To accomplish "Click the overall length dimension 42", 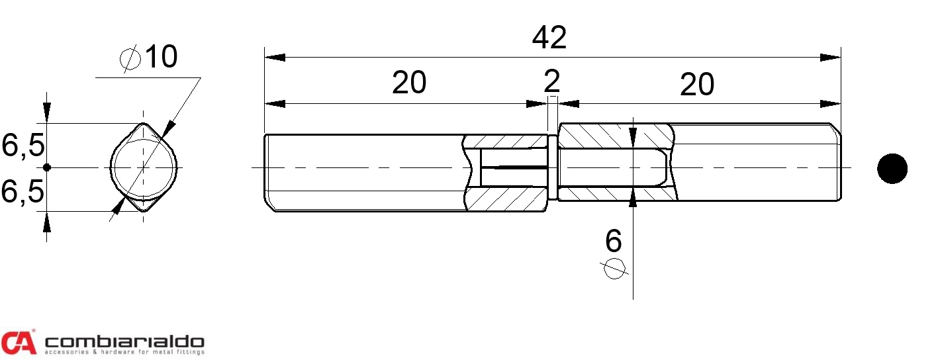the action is pyautogui.click(x=549, y=37).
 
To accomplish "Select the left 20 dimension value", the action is pyautogui.click(x=409, y=83).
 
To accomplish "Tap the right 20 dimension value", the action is pyautogui.click(x=697, y=84).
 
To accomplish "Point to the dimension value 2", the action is pyautogui.click(x=551, y=81).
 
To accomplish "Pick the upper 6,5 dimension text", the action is pyautogui.click(x=23, y=146).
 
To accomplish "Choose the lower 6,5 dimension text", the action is pyautogui.click(x=23, y=191).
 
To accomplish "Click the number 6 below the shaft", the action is pyautogui.click(x=614, y=241).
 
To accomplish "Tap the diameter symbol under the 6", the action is pyautogui.click(x=614, y=269).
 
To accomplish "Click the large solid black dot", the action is pyautogui.click(x=892, y=168).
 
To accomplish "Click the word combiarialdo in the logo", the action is pyautogui.click(x=124, y=341).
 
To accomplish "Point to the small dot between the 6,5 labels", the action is pyautogui.click(x=47, y=167).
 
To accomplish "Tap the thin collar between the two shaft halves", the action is pyautogui.click(x=553, y=167).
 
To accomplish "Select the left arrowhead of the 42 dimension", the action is pyautogui.click(x=275, y=58).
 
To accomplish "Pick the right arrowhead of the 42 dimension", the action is pyautogui.click(x=830, y=58).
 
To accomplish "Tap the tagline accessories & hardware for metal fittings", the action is pyautogui.click(x=124, y=352).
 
